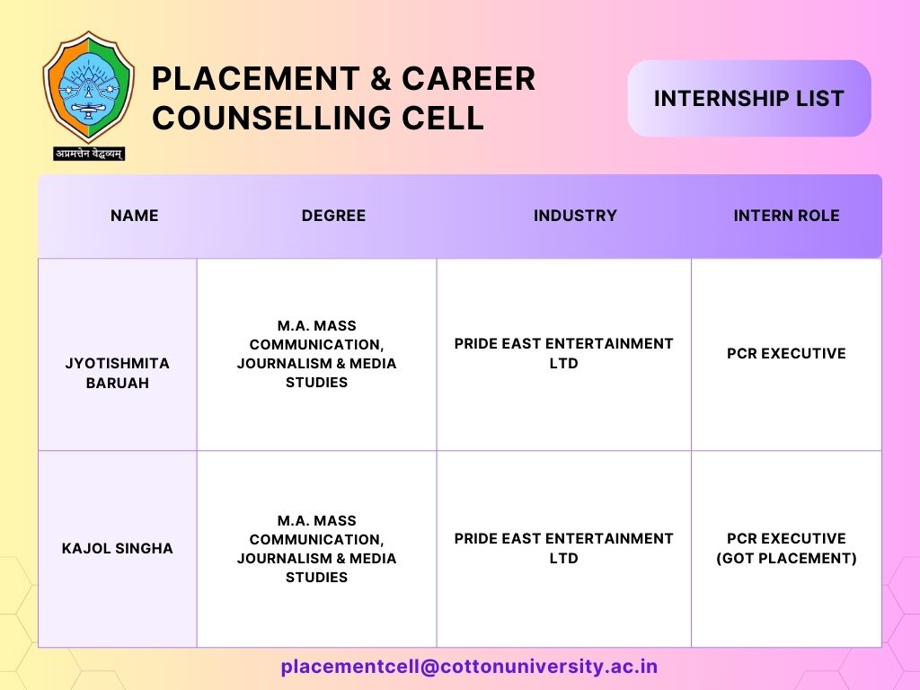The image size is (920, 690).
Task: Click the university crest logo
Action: (89, 87)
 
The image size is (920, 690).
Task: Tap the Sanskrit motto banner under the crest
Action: (89, 154)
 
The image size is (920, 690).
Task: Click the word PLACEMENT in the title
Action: (256, 79)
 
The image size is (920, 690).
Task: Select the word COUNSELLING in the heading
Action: (271, 118)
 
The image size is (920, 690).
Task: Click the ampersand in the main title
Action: (381, 79)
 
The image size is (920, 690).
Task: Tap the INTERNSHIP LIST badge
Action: (748, 98)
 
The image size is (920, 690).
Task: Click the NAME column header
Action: (135, 216)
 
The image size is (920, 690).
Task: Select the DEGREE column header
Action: (333, 216)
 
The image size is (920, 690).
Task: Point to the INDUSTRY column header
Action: (575, 216)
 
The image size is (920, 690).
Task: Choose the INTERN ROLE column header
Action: (786, 216)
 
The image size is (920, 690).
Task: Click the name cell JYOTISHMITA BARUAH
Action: (118, 373)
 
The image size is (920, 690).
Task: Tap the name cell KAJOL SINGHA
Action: (118, 549)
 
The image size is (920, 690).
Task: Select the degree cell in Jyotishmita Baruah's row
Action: (317, 354)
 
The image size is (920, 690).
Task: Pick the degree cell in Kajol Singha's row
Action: (317, 549)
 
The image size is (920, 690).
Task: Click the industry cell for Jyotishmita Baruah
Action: (564, 353)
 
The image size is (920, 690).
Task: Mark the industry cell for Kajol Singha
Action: (564, 548)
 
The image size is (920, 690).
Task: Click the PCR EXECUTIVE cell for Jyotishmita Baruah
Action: (786, 353)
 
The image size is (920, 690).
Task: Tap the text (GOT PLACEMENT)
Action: (786, 558)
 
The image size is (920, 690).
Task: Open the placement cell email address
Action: (469, 667)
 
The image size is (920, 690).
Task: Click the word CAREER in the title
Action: (468, 79)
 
